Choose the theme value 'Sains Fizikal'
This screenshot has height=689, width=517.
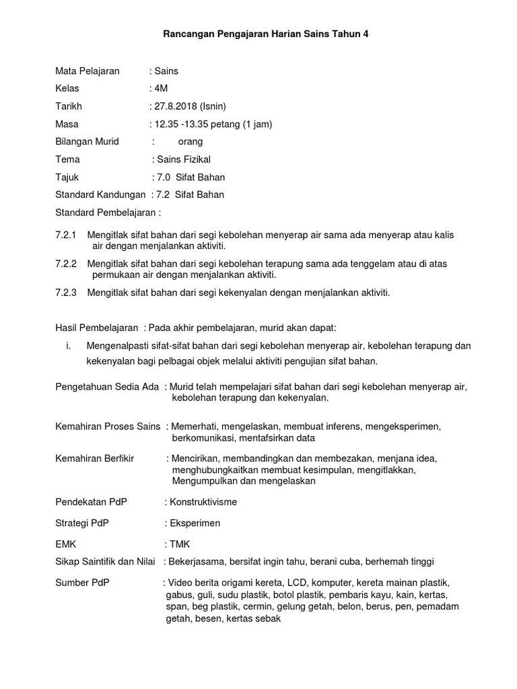184,159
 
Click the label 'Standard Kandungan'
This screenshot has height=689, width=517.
100,194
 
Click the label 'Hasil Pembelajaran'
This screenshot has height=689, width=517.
96,327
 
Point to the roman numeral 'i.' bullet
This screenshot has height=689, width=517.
67,346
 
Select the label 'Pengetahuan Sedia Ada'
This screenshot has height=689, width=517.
107,387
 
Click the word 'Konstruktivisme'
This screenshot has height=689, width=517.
203,502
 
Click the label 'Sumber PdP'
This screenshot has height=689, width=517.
81,582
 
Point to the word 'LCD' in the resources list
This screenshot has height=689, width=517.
297,582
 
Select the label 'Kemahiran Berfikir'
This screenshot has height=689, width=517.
94,458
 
